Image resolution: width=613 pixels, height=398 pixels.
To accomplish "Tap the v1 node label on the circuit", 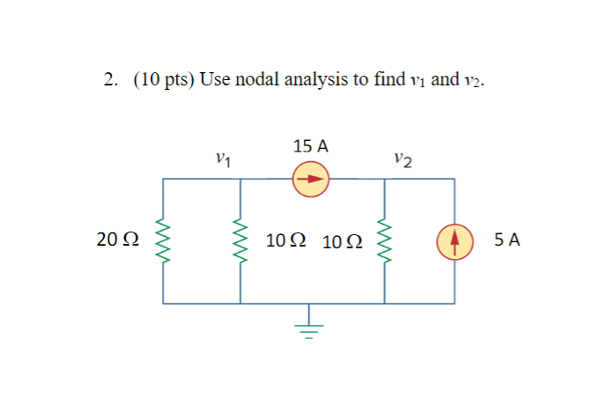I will pos(224,159).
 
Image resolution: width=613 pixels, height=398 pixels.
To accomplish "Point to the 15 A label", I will pos(311,146).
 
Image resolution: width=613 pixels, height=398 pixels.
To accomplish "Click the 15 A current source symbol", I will pos(311,180).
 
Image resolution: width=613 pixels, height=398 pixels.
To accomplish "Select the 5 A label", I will pos(506,240).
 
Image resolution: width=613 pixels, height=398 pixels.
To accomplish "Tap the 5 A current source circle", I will pos(455,240).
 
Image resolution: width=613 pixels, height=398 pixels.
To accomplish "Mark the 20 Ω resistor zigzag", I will pos(162,240).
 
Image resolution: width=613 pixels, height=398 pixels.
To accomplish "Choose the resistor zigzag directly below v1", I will pos(240,240).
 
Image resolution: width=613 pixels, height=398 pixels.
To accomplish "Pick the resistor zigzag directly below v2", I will pos(384,240).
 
